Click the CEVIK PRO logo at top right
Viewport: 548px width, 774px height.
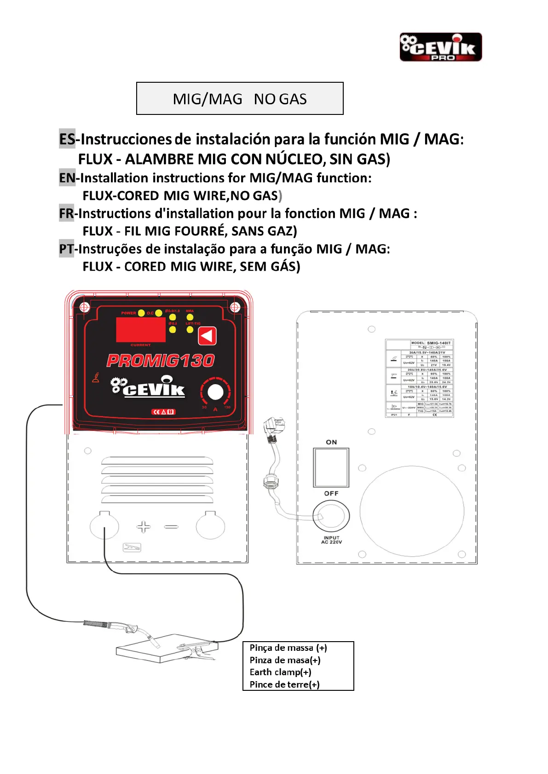click(x=440, y=47)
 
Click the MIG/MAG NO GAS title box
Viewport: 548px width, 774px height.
click(x=240, y=98)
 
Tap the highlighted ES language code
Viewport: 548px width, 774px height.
click(x=67, y=139)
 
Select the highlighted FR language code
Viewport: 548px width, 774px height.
click(x=66, y=213)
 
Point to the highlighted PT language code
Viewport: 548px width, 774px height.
click(x=66, y=249)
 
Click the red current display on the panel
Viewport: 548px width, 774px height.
click(x=140, y=330)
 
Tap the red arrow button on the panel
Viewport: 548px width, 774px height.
click(x=207, y=336)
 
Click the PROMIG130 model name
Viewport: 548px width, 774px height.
click(x=161, y=360)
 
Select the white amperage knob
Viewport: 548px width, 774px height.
click(x=215, y=393)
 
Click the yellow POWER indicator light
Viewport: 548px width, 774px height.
click(x=142, y=313)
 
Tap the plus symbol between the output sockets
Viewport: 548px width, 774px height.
click(x=144, y=527)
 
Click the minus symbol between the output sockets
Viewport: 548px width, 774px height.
click(x=171, y=527)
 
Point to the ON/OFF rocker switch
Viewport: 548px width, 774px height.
click(x=331, y=467)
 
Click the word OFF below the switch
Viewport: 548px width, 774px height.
click(x=331, y=493)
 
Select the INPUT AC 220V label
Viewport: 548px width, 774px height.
click(x=331, y=540)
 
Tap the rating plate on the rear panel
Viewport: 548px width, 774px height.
click(x=419, y=378)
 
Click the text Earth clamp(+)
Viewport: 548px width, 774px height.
click(x=280, y=672)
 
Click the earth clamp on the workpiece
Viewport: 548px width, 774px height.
click(x=196, y=651)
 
